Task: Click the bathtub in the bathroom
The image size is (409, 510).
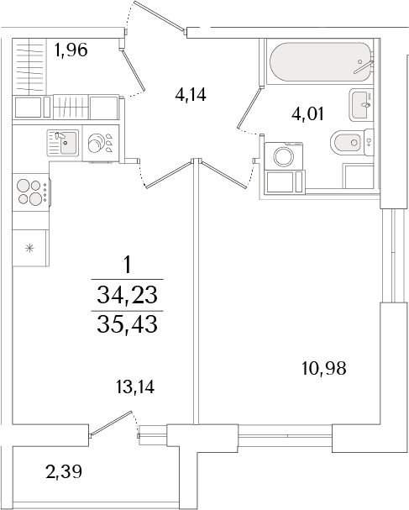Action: (x=319, y=62)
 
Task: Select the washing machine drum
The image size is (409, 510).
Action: (x=284, y=157)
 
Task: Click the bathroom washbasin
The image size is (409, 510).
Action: (x=360, y=105)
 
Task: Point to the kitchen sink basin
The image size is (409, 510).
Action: (x=69, y=143)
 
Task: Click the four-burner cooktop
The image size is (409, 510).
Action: (x=31, y=192)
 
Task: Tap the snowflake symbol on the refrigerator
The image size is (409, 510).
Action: (x=29, y=249)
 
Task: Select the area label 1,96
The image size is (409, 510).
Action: (x=71, y=50)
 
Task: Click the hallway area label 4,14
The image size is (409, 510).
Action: (x=190, y=95)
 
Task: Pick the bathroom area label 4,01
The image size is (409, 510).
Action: (x=307, y=114)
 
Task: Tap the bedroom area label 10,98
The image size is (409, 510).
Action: (x=324, y=369)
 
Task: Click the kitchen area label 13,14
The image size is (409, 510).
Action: (x=135, y=387)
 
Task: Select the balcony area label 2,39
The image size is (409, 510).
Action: (x=64, y=471)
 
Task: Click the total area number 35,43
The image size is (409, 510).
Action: (x=127, y=324)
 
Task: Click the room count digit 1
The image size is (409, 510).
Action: (x=127, y=265)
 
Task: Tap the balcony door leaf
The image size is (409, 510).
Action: (x=111, y=423)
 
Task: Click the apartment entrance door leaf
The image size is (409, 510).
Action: (x=159, y=16)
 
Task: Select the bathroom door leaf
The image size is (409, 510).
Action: (x=249, y=108)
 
